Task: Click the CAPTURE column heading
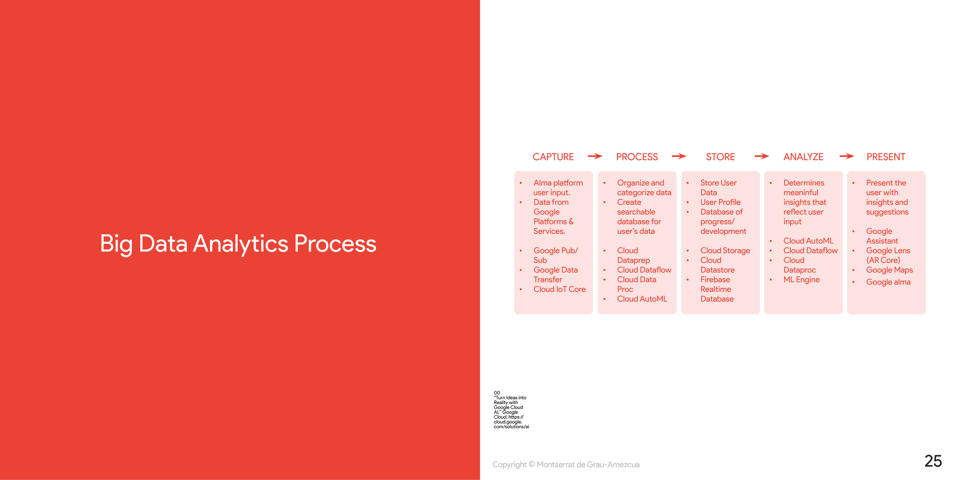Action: point(553,157)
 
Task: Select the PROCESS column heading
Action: point(637,157)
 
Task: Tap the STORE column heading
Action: point(720,157)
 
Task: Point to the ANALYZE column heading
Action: point(803,157)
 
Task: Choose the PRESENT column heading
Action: point(886,157)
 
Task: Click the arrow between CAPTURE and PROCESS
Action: point(595,156)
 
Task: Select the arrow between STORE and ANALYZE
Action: point(762,156)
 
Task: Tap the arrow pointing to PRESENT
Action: point(847,156)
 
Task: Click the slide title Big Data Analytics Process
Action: point(238,244)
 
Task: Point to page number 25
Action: point(933,461)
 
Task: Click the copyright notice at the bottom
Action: point(566,464)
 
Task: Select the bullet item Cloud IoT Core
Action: point(559,289)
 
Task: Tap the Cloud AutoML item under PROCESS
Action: point(642,299)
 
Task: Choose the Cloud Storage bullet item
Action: point(725,251)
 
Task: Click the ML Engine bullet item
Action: point(802,280)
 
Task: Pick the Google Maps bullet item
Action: point(890,270)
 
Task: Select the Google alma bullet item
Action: point(888,282)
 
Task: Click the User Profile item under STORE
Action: point(720,202)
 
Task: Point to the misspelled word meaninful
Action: point(801,193)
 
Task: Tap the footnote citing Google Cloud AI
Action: point(511,410)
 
